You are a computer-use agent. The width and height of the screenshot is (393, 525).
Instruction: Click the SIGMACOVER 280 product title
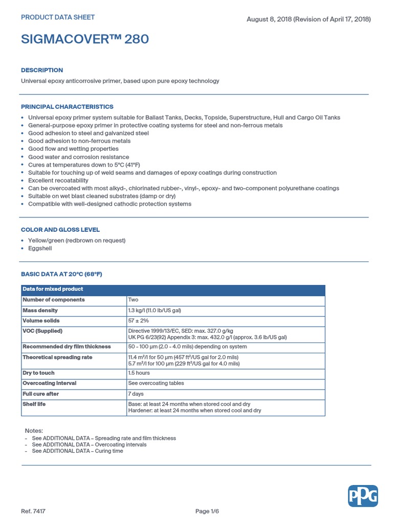(x=85, y=39)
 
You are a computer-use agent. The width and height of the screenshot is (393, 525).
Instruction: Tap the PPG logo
(x=363, y=496)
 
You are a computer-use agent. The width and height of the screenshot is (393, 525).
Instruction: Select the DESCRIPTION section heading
(x=42, y=70)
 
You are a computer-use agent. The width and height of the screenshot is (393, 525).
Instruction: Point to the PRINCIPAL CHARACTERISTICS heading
(x=67, y=107)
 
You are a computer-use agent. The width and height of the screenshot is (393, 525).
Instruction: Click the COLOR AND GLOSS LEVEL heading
(x=60, y=230)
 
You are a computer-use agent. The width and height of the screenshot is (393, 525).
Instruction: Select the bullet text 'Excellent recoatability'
(x=58, y=180)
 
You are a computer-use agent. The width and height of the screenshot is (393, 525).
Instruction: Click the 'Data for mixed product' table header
(x=53, y=289)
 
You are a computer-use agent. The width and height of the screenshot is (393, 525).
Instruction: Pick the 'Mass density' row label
(x=40, y=311)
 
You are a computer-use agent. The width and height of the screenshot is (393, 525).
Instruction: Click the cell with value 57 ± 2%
(x=138, y=321)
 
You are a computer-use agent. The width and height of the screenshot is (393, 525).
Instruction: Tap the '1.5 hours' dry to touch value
(x=139, y=373)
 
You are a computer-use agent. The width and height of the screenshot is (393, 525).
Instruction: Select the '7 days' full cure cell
(x=136, y=394)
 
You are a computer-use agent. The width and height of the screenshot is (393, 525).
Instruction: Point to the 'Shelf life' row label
(x=34, y=405)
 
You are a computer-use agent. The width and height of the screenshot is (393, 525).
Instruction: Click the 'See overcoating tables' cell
(x=156, y=383)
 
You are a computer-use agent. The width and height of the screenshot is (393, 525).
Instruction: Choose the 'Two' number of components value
(x=133, y=300)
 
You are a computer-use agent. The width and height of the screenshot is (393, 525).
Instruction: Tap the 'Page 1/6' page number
(x=209, y=511)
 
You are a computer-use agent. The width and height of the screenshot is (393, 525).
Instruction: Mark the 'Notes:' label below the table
(x=34, y=431)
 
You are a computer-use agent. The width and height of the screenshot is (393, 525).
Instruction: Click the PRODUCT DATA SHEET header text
(x=58, y=17)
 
